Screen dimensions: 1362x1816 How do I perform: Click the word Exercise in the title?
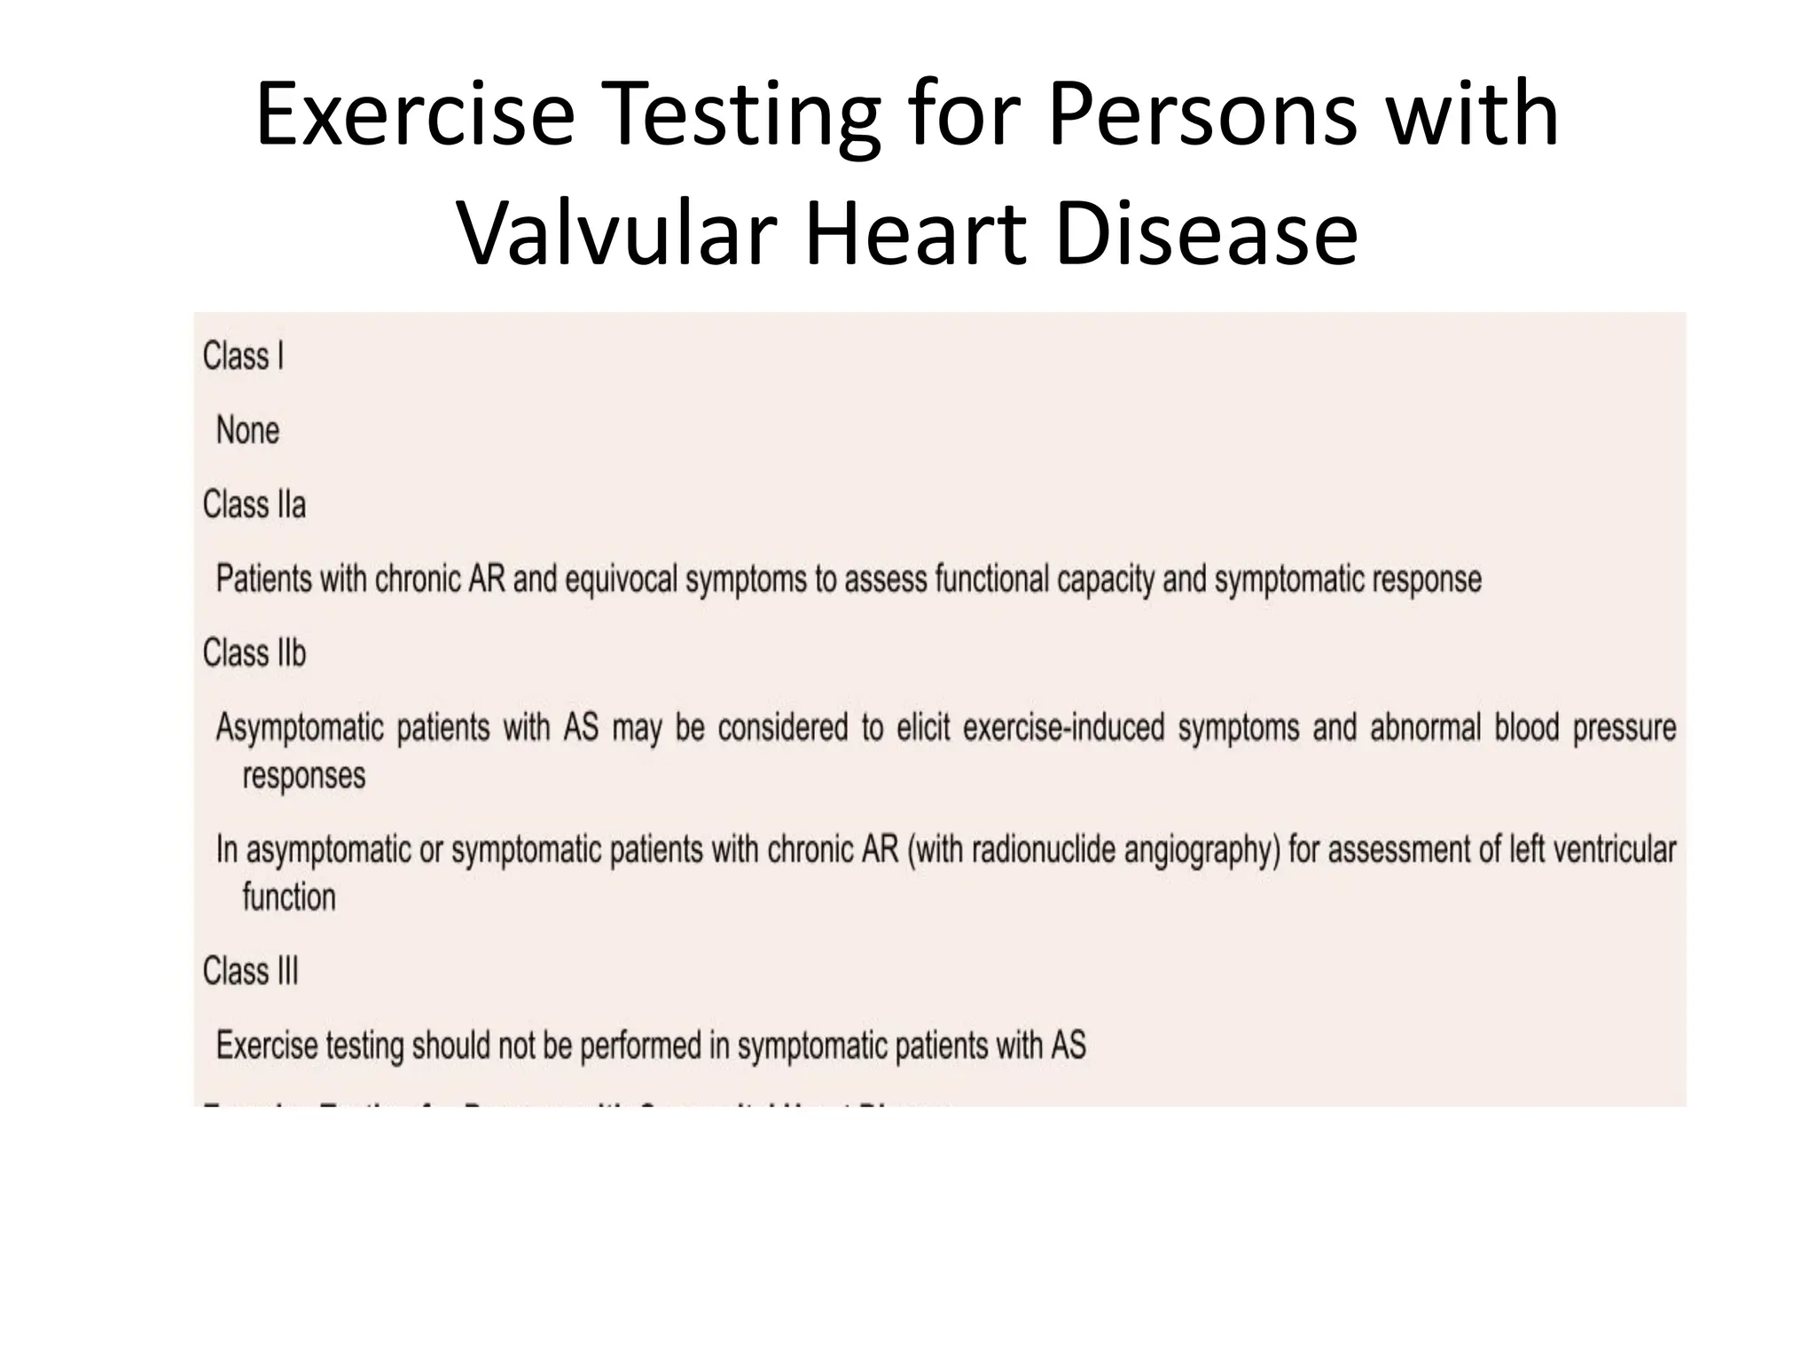click(x=415, y=114)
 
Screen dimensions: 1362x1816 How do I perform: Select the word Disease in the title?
click(x=1206, y=234)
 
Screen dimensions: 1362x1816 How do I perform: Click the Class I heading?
click(x=243, y=356)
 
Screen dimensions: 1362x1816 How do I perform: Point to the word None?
click(x=247, y=431)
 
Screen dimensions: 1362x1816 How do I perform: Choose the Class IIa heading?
click(x=254, y=505)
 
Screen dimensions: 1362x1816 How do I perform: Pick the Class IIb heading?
click(x=254, y=654)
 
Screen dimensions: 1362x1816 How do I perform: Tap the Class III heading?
click(x=250, y=972)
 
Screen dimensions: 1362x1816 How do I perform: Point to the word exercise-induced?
click(x=1063, y=728)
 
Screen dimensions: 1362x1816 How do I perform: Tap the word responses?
click(x=303, y=776)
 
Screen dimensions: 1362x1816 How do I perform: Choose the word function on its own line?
click(x=289, y=897)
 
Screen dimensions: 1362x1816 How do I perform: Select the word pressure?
click(x=1624, y=728)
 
